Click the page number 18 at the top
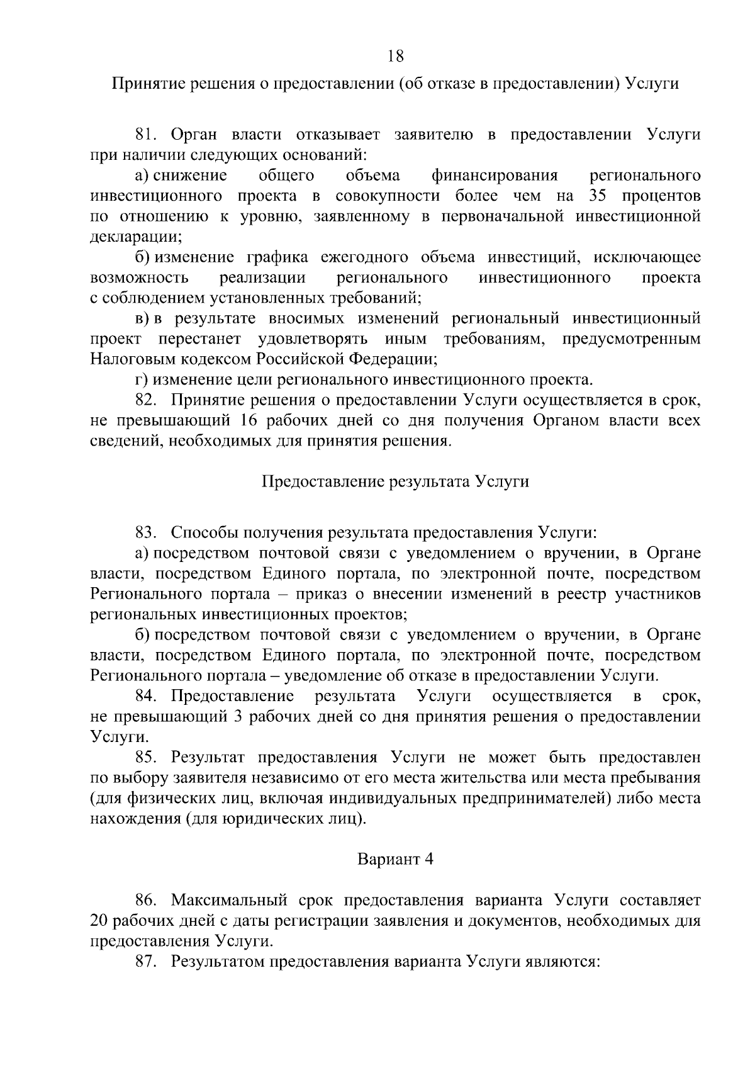click(395, 56)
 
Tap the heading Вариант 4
click(395, 859)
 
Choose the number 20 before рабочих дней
click(101, 921)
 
